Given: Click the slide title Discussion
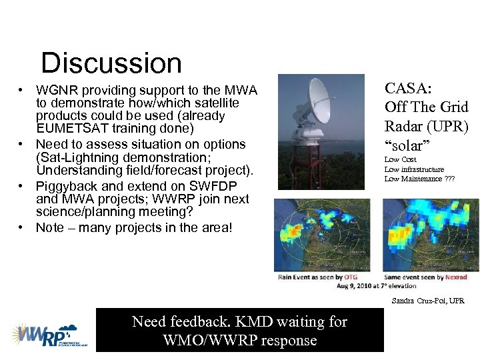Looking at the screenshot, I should [x=111, y=63].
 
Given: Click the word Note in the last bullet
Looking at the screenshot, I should [x=50, y=227].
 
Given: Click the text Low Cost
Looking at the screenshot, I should [x=401, y=160].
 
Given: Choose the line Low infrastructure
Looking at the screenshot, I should [x=414, y=169].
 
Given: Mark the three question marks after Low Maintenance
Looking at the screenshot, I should [x=451, y=179].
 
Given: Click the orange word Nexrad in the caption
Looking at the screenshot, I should [x=455, y=277].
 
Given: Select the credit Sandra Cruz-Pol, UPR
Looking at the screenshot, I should [x=428, y=301].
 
